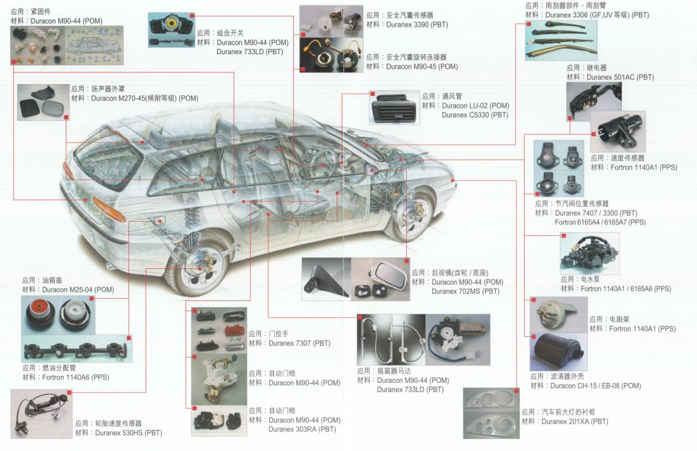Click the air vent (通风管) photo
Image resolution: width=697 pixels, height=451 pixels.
[x=395, y=108]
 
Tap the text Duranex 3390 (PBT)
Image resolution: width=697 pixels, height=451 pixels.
[x=417, y=25]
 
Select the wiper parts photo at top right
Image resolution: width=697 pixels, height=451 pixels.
[x=561, y=40]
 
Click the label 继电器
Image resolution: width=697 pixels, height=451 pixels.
[x=597, y=68]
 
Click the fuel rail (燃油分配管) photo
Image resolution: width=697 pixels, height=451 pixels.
[x=77, y=349]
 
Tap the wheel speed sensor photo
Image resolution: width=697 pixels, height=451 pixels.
[x=42, y=414]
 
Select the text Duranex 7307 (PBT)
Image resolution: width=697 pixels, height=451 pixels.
[x=300, y=343]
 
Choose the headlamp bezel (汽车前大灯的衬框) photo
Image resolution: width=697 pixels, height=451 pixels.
[x=491, y=413]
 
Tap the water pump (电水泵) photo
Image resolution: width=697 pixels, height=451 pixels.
[x=590, y=254]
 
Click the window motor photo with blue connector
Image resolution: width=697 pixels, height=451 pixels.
[x=458, y=339]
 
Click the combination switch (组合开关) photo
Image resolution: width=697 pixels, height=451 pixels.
[x=171, y=30]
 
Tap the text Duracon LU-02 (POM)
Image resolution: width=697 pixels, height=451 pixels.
[x=476, y=106]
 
